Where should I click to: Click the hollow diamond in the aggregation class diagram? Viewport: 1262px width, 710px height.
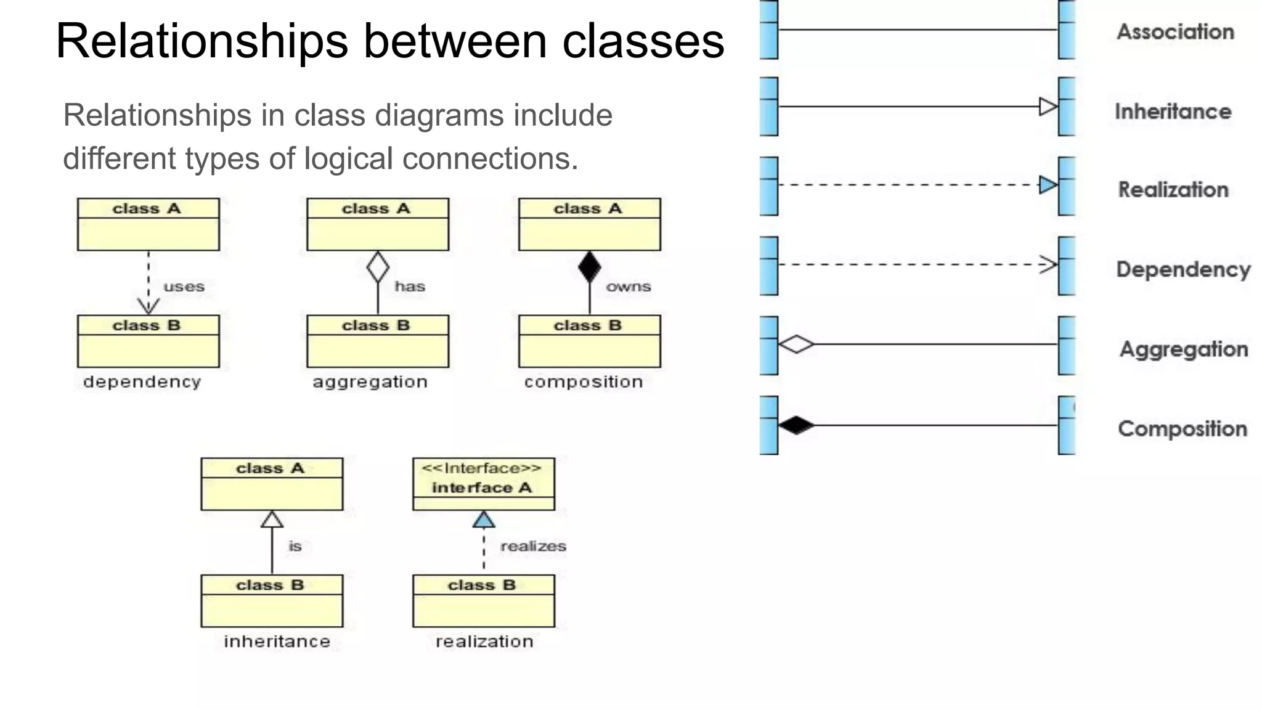click(x=378, y=267)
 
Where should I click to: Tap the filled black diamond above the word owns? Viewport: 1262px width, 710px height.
click(x=590, y=267)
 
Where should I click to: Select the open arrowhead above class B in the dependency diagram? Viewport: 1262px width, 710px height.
click(x=149, y=306)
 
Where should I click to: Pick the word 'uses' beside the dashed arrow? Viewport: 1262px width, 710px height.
click(x=184, y=287)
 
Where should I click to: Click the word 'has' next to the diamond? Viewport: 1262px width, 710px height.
click(x=410, y=287)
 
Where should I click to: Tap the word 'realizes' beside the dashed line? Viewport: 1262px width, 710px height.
click(x=533, y=546)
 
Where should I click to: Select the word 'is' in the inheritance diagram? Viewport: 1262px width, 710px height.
click(x=295, y=546)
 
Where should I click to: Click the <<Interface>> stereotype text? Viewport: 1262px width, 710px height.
click(x=481, y=468)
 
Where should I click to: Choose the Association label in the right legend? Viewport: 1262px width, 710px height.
click(x=1175, y=32)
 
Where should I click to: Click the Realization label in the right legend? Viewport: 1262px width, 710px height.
click(x=1173, y=190)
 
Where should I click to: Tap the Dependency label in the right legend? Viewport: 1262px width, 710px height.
click(x=1183, y=269)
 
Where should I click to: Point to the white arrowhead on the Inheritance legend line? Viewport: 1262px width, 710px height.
click(x=1048, y=107)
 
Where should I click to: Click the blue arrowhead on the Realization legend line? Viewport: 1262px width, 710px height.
click(x=1048, y=185)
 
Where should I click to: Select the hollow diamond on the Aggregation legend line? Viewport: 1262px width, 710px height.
click(x=796, y=344)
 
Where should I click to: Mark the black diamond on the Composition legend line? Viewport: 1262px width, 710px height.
click(x=796, y=425)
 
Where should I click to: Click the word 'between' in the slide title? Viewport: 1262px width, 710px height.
click(x=455, y=41)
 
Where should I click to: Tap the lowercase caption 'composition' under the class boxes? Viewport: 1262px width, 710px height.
click(x=584, y=382)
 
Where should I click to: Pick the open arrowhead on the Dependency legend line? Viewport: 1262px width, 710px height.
click(x=1048, y=264)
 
